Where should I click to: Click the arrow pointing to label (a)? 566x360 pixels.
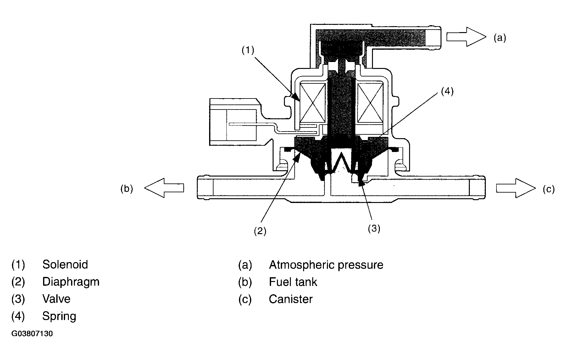(x=466, y=37)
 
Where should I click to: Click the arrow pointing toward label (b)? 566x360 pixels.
(x=164, y=188)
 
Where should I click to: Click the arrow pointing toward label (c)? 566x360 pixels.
(x=516, y=188)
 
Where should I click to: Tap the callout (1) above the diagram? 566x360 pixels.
(x=248, y=50)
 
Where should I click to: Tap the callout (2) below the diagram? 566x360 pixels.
(x=260, y=231)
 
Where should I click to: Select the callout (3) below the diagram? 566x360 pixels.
(x=374, y=228)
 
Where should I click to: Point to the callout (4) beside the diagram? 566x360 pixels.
(x=447, y=91)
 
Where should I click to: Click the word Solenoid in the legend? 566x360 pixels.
(x=65, y=264)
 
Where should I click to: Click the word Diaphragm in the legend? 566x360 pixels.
(x=71, y=282)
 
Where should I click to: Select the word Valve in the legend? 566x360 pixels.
(x=56, y=299)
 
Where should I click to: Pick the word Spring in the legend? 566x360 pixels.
(x=59, y=316)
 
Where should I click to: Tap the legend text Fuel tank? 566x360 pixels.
(x=293, y=282)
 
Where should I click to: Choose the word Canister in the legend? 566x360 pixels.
(x=291, y=299)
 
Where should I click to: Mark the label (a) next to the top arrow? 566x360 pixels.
(x=500, y=38)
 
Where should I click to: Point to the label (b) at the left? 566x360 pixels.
(x=127, y=189)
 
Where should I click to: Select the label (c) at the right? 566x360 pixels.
(x=549, y=189)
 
